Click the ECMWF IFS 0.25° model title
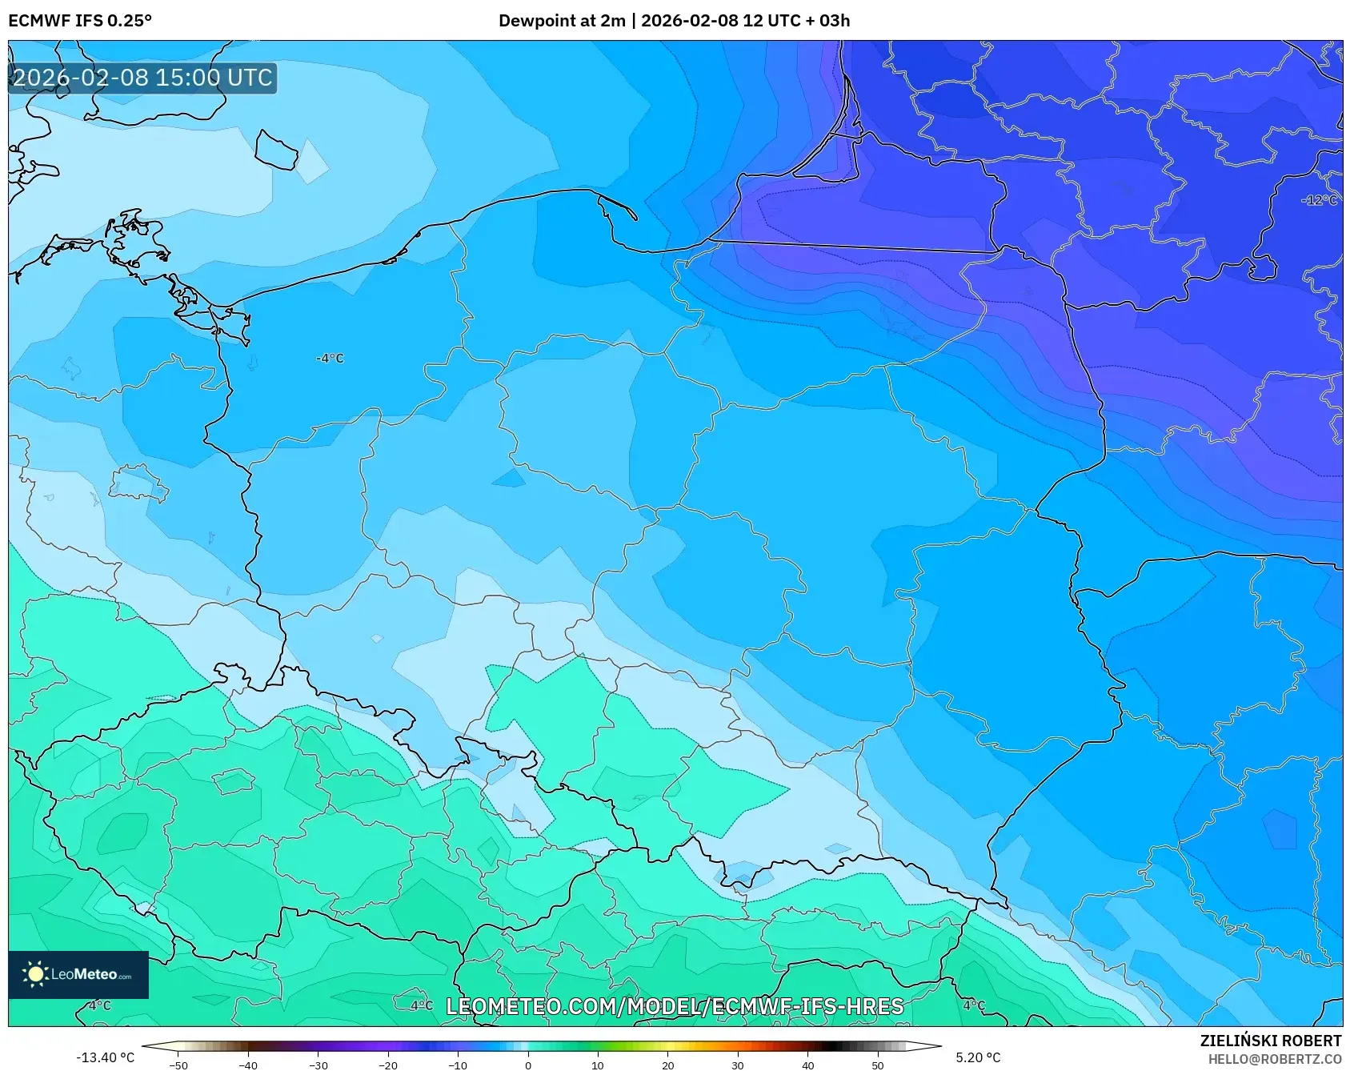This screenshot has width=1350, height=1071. pos(80,21)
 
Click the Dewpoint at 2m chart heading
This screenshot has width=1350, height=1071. pos(674,21)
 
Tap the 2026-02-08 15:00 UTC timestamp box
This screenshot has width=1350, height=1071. pos(142,78)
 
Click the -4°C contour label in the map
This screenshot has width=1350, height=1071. pos(330,359)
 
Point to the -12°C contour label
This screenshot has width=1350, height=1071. pos(1319,200)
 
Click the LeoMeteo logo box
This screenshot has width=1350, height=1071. pos(78,974)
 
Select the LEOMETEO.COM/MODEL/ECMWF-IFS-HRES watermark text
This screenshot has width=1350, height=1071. pos(674,1006)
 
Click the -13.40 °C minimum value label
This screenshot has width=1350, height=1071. pos(105,1057)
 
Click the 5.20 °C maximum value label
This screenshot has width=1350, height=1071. pos(978,1057)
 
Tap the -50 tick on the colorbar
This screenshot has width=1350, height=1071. pos(178,1065)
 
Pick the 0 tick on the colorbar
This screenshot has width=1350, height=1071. pos(527,1065)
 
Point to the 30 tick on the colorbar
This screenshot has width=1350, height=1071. pos(737,1065)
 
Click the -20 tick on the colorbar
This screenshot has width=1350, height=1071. pos(388,1065)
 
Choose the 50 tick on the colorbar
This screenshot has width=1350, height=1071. pos(877,1065)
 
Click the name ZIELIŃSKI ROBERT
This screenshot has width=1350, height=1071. pos(1270,1041)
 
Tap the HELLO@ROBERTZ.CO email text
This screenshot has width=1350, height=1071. pos(1274,1058)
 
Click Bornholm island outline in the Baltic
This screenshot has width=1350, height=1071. pos(277,150)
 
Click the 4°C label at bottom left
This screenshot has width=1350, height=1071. pos(99,1005)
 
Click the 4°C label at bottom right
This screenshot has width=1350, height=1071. pos(973,1005)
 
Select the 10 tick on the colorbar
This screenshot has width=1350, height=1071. pos(597,1065)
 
